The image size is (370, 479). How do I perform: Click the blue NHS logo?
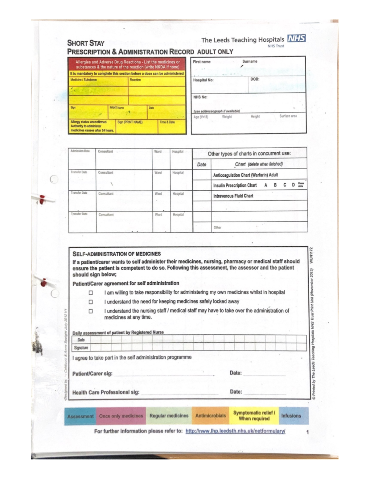pos(296,39)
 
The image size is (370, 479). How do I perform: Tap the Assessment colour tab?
pos(80,416)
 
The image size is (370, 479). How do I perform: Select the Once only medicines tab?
pos(121,416)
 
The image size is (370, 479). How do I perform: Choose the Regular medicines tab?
pos(169,416)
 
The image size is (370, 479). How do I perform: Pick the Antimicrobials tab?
pos(210,416)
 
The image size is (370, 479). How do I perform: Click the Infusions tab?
pos(291,416)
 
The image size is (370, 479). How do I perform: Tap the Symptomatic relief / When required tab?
pos(254,416)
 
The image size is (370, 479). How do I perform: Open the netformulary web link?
pos(235,431)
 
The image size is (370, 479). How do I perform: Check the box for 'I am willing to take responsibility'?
pos(91,292)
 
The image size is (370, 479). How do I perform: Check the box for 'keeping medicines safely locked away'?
pos(91,302)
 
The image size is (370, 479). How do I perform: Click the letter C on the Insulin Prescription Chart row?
pos(285,185)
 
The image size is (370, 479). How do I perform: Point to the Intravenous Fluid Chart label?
pos(233,196)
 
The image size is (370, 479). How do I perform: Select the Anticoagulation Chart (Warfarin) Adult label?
pos(245,175)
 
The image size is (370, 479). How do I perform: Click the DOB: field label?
pos(255,79)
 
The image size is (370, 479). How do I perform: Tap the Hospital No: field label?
pos(203,80)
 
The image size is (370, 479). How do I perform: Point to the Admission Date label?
pos(80,151)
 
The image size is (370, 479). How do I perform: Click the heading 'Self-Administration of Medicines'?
pos(117,254)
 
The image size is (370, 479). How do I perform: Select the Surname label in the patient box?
pos(249,61)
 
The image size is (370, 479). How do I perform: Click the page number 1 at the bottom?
pos(307,432)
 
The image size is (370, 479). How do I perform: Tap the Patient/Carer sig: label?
pos(92,374)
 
